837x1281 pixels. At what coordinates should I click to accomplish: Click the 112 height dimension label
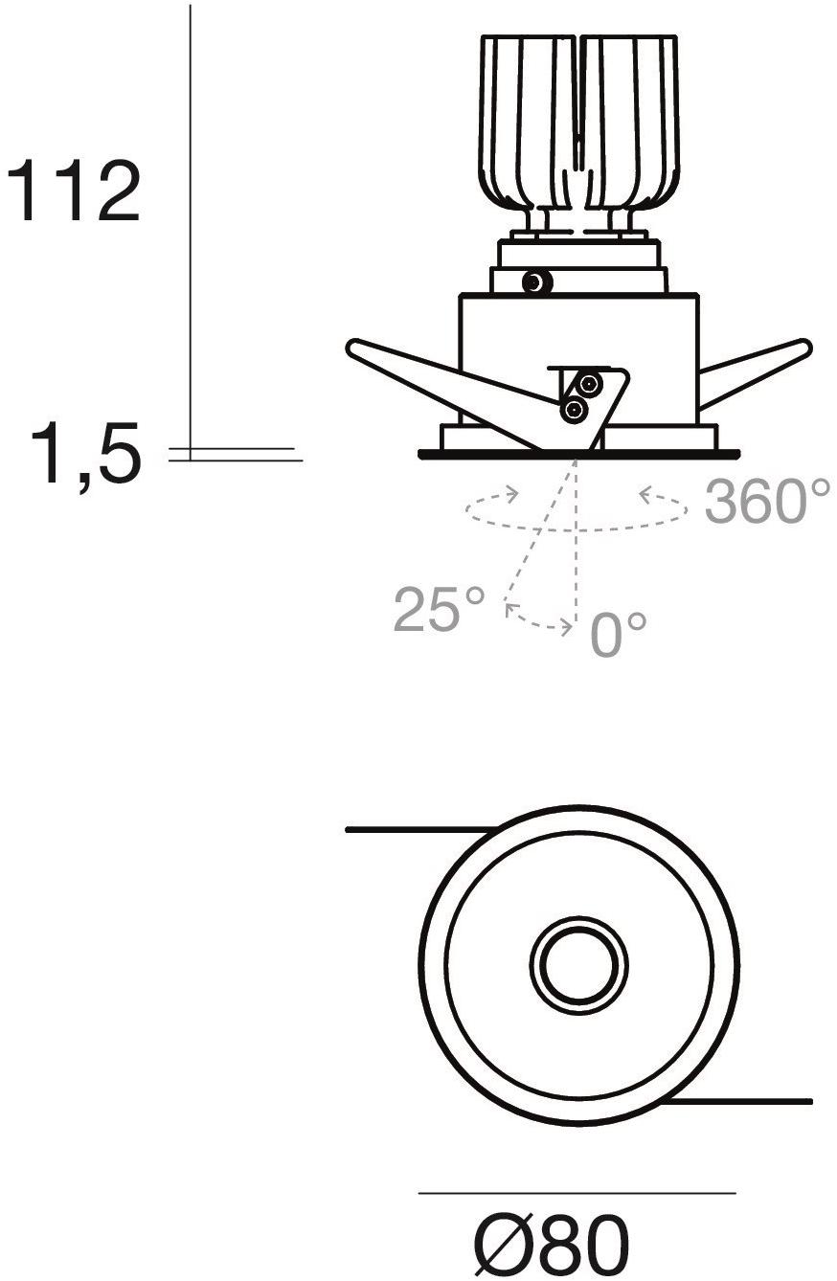[x=73, y=191]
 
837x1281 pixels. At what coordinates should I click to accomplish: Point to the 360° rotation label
[x=767, y=502]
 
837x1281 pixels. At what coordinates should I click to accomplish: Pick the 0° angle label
[x=619, y=634]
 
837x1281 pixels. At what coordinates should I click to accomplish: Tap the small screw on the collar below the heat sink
[x=537, y=281]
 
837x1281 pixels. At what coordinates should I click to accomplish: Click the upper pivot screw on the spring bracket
[x=588, y=384]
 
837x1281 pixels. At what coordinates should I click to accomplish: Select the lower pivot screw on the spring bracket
[x=573, y=409]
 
